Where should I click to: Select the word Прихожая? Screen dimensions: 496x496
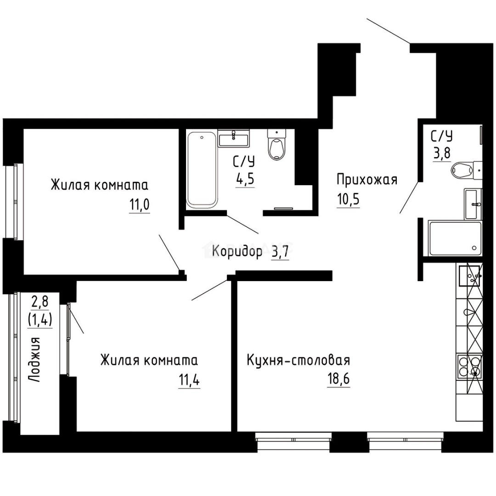[x=366, y=180]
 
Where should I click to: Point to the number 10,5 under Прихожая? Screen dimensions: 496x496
[x=348, y=199]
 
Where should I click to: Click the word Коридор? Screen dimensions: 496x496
[x=237, y=251]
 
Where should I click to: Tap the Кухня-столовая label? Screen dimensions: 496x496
[x=298, y=360]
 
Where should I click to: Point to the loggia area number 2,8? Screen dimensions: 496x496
[x=39, y=302]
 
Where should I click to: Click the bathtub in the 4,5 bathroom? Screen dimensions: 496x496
[x=201, y=169]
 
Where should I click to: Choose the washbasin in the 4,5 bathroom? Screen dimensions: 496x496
[x=234, y=138]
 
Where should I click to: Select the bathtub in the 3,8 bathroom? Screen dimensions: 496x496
[x=454, y=238]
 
